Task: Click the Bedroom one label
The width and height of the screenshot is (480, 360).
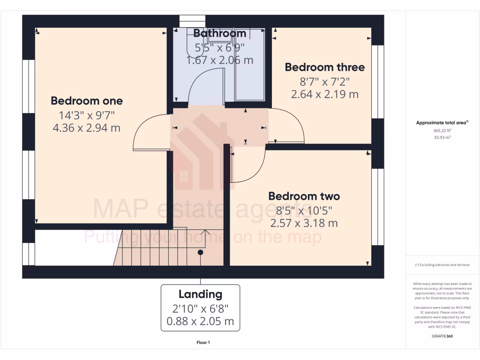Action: (x=87, y=101)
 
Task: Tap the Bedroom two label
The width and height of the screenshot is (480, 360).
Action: (x=304, y=196)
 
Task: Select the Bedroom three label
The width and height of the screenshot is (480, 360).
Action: (x=324, y=67)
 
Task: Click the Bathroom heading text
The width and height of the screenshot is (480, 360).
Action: (x=220, y=33)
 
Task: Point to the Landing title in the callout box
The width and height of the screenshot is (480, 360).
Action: (x=200, y=294)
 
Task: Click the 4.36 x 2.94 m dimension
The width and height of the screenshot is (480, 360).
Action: (x=87, y=127)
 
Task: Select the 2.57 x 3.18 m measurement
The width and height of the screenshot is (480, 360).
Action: (x=304, y=223)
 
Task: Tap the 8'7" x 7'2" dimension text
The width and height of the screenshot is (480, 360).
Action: (x=324, y=81)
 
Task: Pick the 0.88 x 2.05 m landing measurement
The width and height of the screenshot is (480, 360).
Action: (x=200, y=322)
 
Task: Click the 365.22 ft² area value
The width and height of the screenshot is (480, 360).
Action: (x=442, y=131)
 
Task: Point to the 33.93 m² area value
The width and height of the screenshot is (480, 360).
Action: (x=442, y=137)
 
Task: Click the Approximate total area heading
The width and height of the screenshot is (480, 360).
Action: (x=442, y=123)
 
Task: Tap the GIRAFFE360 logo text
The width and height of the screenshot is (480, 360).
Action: (x=442, y=336)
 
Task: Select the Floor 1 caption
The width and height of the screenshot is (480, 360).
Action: (x=203, y=343)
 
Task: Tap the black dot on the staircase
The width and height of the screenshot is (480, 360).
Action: (x=200, y=252)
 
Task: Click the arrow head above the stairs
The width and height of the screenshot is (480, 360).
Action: (x=205, y=231)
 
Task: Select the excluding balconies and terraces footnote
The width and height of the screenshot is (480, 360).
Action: (x=442, y=265)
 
